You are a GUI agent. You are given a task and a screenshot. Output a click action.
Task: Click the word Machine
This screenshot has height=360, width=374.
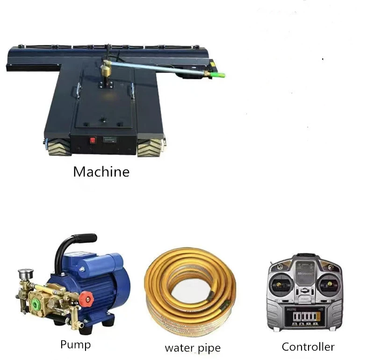pyautogui.click(x=101, y=171)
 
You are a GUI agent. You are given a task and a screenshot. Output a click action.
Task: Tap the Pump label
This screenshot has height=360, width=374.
pyautogui.click(x=76, y=345)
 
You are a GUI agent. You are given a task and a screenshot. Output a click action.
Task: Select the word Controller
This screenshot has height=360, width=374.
pyautogui.click(x=308, y=346)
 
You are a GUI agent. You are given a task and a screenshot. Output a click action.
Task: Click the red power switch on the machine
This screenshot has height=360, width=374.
pyautogui.click(x=93, y=141)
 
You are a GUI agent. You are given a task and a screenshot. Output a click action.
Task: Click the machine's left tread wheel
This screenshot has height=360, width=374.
pyautogui.click(x=59, y=147)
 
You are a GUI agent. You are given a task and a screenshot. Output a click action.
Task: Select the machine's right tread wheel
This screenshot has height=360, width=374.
pyautogui.click(x=150, y=147)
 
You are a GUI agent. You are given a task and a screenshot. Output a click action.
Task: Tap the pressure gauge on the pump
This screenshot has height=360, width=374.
pyautogui.click(x=25, y=274)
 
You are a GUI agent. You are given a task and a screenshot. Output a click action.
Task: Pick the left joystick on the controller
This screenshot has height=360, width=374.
pyautogui.click(x=279, y=284)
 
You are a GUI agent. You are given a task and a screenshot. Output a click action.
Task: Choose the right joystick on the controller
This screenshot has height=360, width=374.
pyautogui.click(x=330, y=284)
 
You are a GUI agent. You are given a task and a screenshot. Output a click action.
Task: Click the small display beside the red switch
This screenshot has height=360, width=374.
pyautogui.click(x=110, y=140)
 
